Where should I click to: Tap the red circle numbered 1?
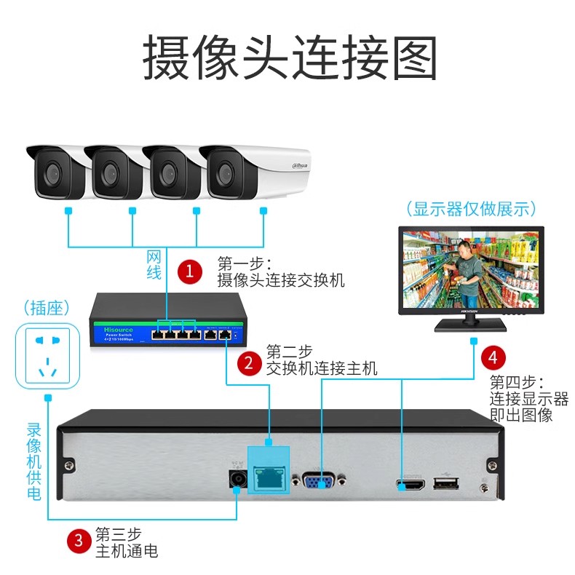coord(191,271)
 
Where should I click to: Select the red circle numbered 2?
coord(250,362)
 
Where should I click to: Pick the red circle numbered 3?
coord(78,541)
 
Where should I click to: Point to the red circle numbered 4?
coord(493,357)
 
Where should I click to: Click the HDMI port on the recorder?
coord(410,484)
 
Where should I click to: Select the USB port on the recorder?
coord(443,484)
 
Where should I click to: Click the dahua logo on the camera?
coord(301,167)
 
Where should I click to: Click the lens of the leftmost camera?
coord(52,174)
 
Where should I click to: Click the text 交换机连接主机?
coord(322,368)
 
